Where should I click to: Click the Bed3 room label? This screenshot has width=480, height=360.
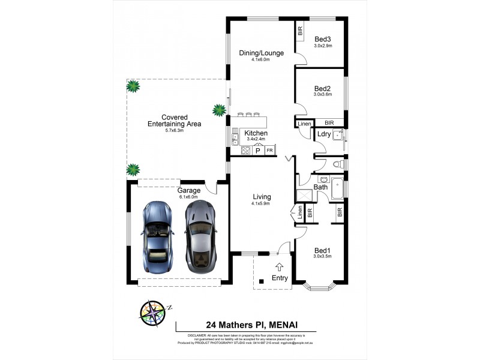322,39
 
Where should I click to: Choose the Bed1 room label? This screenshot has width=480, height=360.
322,250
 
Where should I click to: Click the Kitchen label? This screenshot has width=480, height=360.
256,133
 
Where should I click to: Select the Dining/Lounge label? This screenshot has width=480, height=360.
261,53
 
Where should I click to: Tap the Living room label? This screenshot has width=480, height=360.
261,197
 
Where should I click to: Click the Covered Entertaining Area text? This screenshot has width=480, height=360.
175,121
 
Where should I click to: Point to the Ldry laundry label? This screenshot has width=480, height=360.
324,134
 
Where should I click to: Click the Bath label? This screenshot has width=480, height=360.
321,187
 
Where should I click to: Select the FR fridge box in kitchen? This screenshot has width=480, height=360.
269,151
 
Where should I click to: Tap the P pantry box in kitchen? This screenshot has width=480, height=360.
258,151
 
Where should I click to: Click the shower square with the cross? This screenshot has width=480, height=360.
304,196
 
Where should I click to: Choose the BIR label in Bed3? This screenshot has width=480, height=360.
299,30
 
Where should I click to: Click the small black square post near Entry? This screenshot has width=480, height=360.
261,281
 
